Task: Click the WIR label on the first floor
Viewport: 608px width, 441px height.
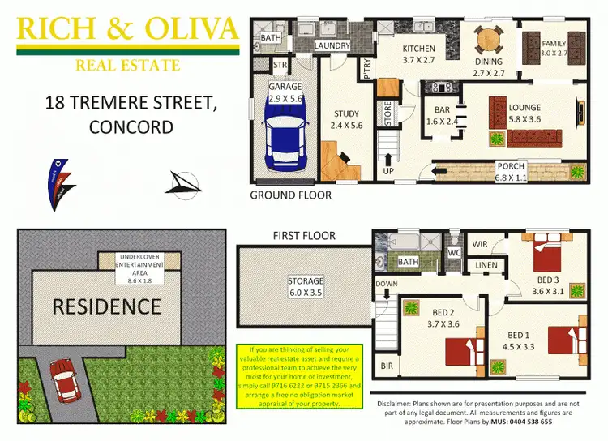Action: tap(481, 243)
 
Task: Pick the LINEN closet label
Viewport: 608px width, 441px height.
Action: tap(486, 266)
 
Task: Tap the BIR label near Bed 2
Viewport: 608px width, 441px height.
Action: tap(387, 366)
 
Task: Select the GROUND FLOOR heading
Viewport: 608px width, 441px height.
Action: tap(290, 195)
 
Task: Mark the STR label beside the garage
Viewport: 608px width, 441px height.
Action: tap(280, 66)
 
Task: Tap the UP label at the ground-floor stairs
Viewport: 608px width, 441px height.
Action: tap(387, 172)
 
